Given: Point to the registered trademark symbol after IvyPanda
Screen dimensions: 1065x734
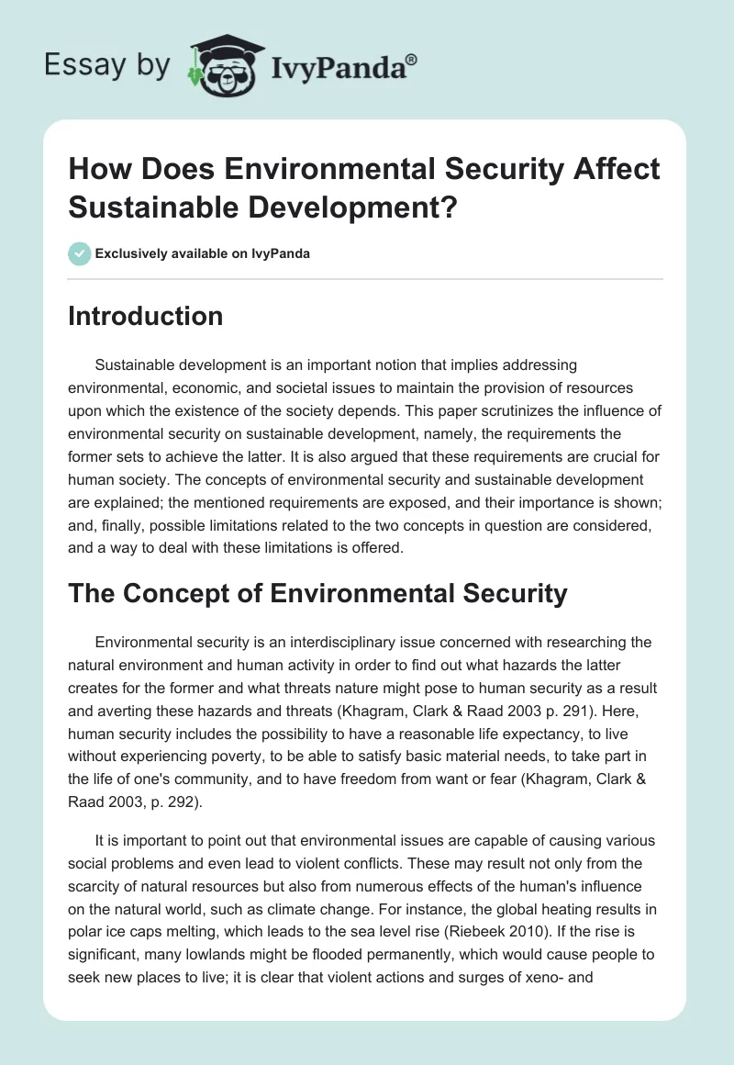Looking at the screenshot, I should pyautogui.click(x=412, y=58).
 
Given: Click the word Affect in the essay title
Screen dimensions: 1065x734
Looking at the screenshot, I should pyautogui.click(x=606, y=169).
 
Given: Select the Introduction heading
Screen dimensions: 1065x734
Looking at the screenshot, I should pyautogui.click(x=146, y=316).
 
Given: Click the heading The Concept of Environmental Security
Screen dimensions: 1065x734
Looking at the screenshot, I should pyautogui.click(x=318, y=593).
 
